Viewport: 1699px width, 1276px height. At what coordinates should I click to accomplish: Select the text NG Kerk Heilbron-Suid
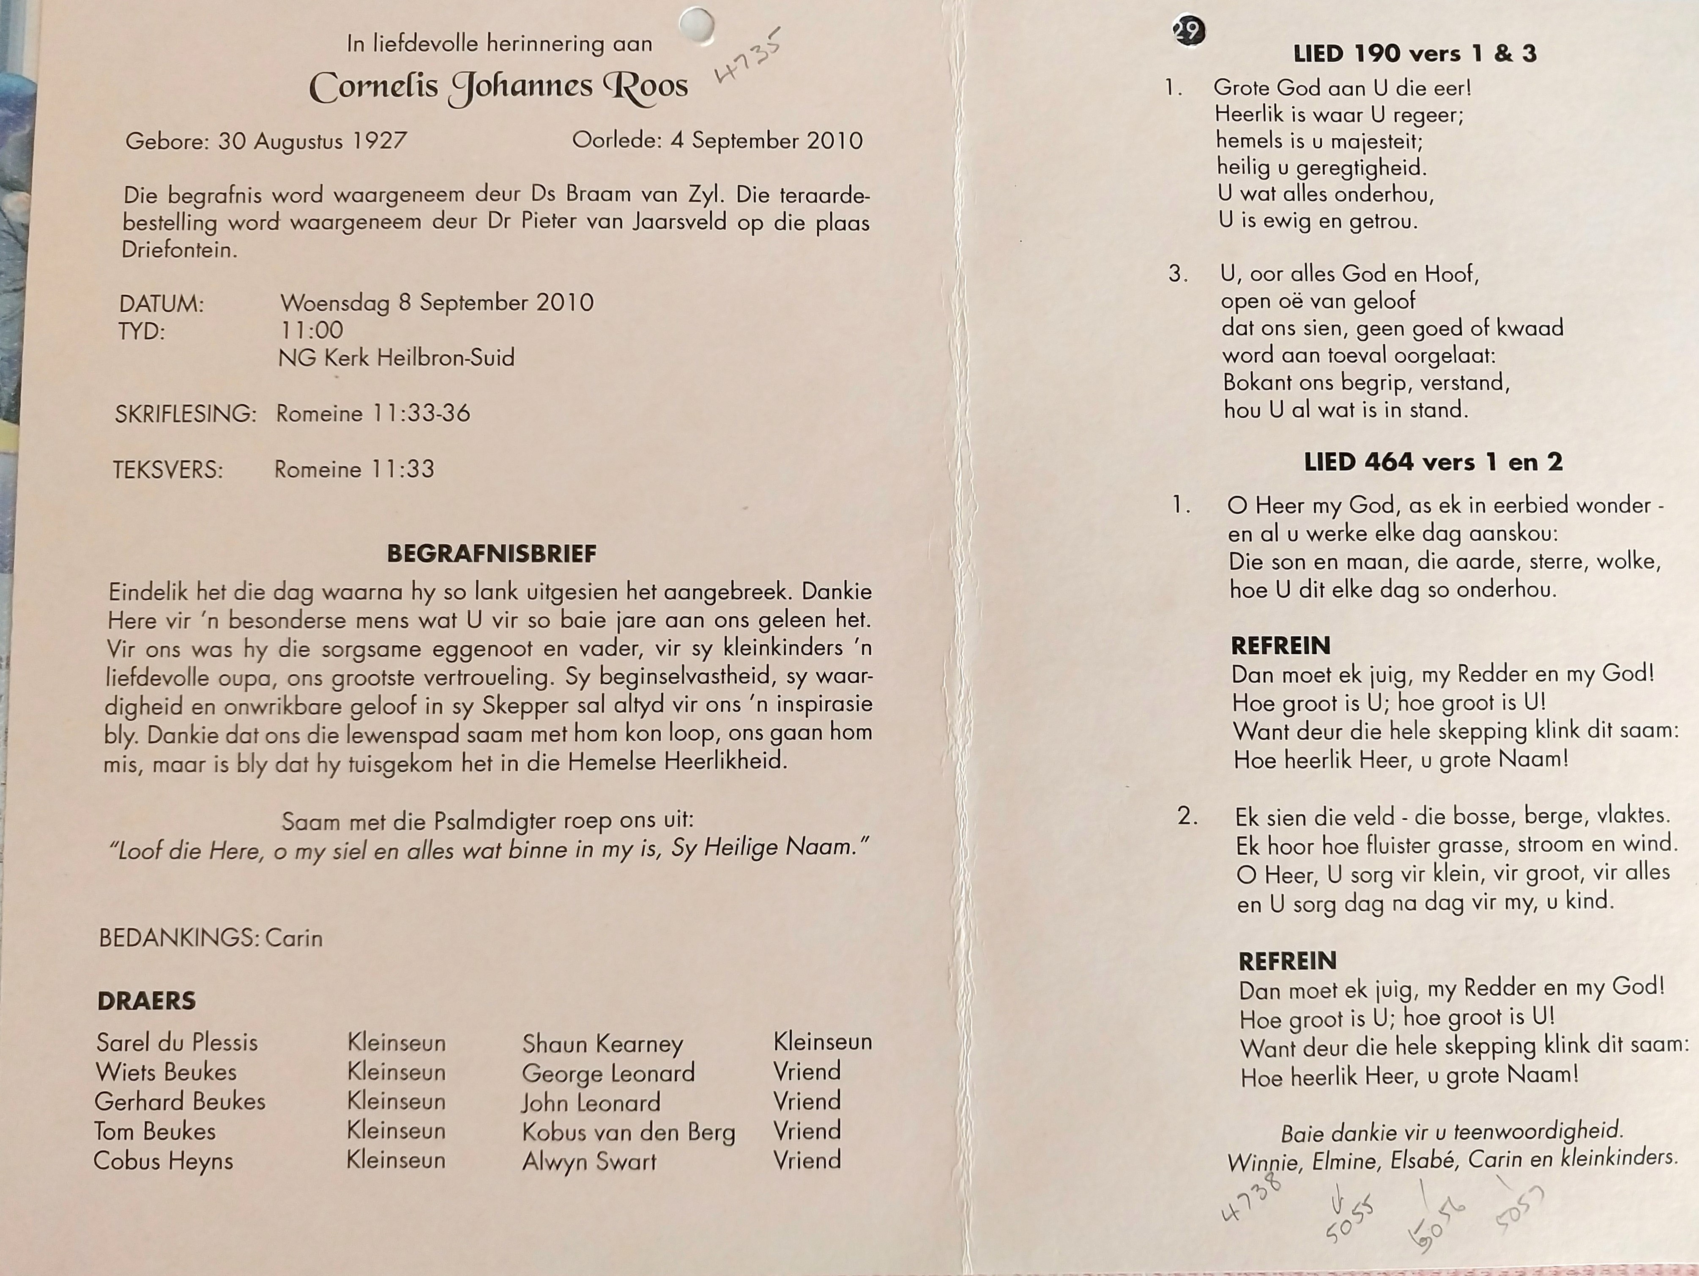[x=397, y=358]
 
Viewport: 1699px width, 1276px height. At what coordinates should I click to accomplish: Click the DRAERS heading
[x=147, y=1000]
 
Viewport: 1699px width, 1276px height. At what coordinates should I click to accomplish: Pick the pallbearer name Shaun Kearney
[x=602, y=1043]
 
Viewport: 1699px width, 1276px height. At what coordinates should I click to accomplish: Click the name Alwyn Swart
[x=589, y=1161]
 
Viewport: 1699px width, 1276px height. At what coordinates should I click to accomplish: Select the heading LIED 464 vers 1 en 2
[x=1433, y=462]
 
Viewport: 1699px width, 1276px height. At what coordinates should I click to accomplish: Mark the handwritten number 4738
[x=1252, y=1199]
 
